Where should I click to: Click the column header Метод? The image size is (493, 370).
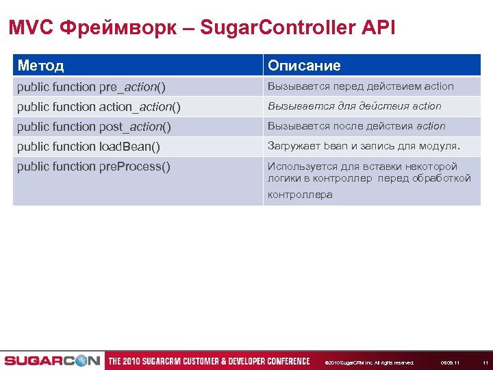(x=40, y=66)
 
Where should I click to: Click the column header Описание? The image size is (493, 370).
(x=304, y=66)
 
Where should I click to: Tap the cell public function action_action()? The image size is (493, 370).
(x=99, y=107)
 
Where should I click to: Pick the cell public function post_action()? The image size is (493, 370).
(x=94, y=127)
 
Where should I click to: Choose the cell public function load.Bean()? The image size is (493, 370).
(x=88, y=147)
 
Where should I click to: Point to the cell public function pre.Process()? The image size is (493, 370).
(x=94, y=166)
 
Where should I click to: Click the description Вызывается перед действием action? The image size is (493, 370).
(x=361, y=86)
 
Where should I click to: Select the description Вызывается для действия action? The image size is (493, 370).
(x=354, y=106)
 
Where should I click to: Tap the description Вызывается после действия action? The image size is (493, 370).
(x=356, y=126)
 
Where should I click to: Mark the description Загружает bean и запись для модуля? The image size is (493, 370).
(x=364, y=146)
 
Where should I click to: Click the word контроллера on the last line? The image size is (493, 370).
(x=300, y=195)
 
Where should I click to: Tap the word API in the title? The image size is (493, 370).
(x=379, y=28)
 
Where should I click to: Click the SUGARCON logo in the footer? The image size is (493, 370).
(x=52, y=361)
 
